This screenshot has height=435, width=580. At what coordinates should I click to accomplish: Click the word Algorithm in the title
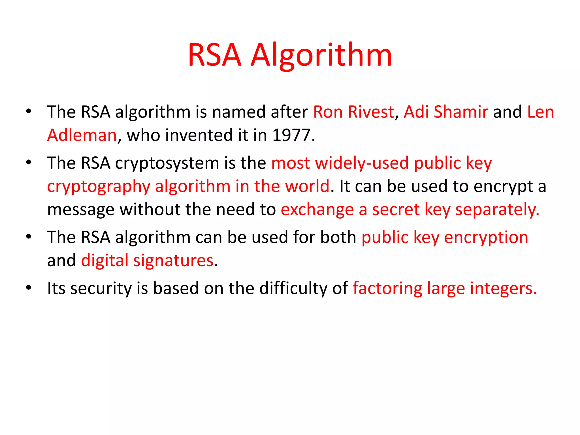[321, 55]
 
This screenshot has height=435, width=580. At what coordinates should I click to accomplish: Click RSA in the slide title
[215, 55]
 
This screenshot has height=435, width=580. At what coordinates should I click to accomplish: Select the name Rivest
[371, 112]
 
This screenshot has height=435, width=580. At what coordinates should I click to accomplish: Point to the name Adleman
[82, 135]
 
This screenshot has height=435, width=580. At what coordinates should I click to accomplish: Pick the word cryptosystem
[167, 164]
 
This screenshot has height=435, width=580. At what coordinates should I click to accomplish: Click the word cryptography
[99, 187]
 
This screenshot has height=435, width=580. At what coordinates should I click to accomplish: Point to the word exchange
[317, 210]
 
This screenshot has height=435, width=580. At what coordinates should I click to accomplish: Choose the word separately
[497, 210]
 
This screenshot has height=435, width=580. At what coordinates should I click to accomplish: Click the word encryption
[486, 237]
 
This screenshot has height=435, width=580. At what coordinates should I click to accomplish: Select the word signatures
[173, 261]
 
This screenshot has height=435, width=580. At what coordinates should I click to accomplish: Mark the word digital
[105, 261]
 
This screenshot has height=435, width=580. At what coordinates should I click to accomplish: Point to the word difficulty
[293, 289]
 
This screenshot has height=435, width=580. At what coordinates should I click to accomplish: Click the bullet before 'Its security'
[29, 288]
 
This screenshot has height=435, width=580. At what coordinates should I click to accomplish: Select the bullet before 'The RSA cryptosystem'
[29, 163]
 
